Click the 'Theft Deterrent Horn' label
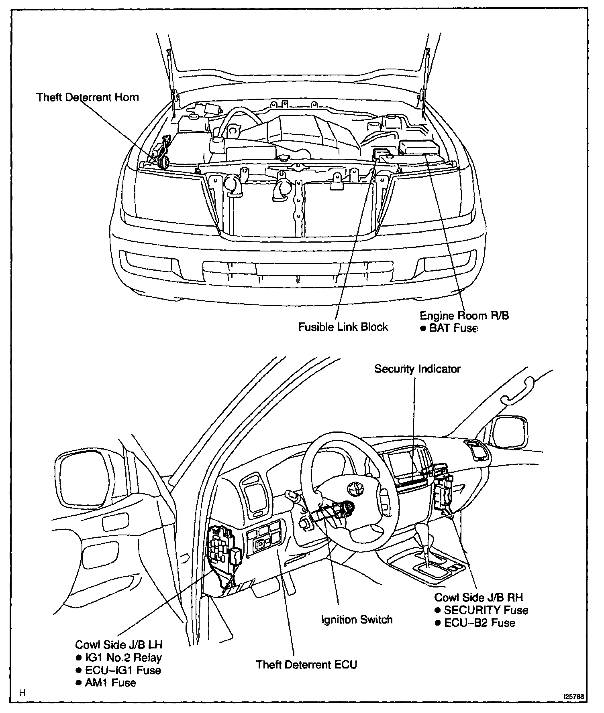(x=87, y=97)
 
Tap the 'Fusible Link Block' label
(x=343, y=327)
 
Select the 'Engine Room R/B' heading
(x=464, y=316)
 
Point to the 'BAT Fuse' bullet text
(x=453, y=328)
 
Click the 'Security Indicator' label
(x=417, y=369)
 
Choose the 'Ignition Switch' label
(x=357, y=620)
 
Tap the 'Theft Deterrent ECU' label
(x=306, y=664)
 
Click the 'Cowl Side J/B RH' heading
(x=478, y=597)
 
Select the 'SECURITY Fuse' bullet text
(x=486, y=610)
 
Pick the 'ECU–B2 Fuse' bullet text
(x=480, y=623)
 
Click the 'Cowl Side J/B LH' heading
(x=119, y=645)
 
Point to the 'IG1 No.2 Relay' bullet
(x=123, y=658)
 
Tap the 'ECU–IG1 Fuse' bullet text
(x=123, y=670)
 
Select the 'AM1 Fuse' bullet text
(x=110, y=683)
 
